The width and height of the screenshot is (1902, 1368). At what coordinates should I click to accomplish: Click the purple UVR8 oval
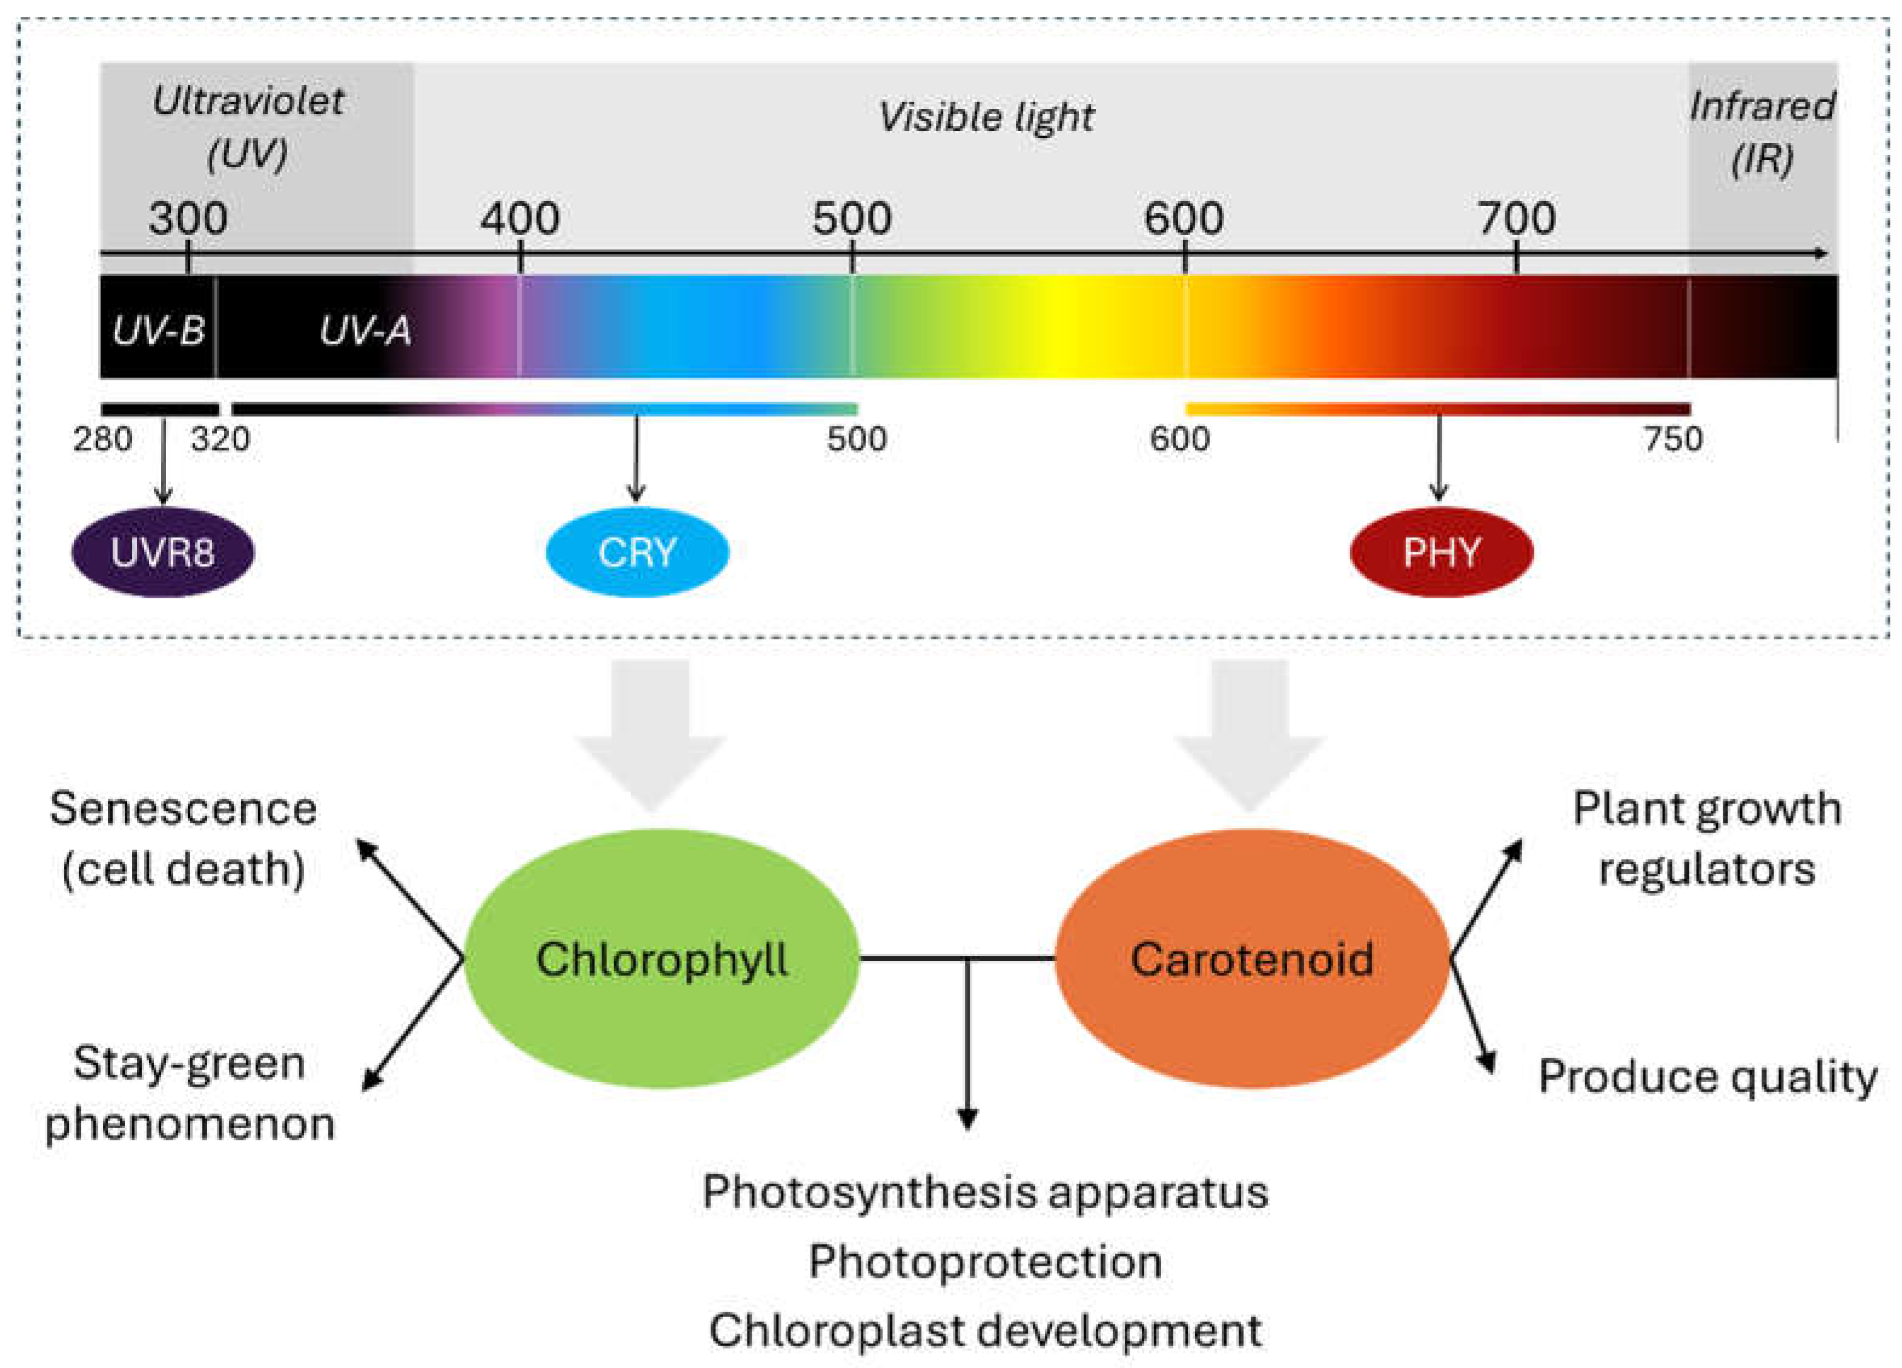click(163, 552)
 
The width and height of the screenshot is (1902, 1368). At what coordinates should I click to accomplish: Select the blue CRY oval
click(637, 552)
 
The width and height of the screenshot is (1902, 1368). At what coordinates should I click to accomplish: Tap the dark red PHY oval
click(1442, 552)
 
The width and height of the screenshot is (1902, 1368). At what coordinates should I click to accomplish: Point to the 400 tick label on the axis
click(520, 219)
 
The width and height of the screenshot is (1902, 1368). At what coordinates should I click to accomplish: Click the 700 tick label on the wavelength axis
click(1516, 219)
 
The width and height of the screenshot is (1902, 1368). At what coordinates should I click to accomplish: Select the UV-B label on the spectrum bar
click(159, 331)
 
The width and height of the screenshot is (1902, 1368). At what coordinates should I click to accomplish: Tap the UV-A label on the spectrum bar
click(366, 331)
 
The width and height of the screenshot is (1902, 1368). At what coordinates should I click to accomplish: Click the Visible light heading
click(986, 116)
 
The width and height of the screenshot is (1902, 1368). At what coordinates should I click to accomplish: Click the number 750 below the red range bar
click(1672, 439)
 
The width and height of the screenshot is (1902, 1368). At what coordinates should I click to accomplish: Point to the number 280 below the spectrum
click(102, 439)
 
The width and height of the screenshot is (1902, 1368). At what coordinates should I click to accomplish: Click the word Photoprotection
click(986, 1261)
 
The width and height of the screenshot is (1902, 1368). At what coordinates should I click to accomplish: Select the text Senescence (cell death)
click(183, 838)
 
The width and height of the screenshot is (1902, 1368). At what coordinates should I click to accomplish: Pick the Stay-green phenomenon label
click(190, 1093)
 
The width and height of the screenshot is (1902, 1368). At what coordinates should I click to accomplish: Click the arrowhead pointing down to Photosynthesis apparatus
click(968, 1119)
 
